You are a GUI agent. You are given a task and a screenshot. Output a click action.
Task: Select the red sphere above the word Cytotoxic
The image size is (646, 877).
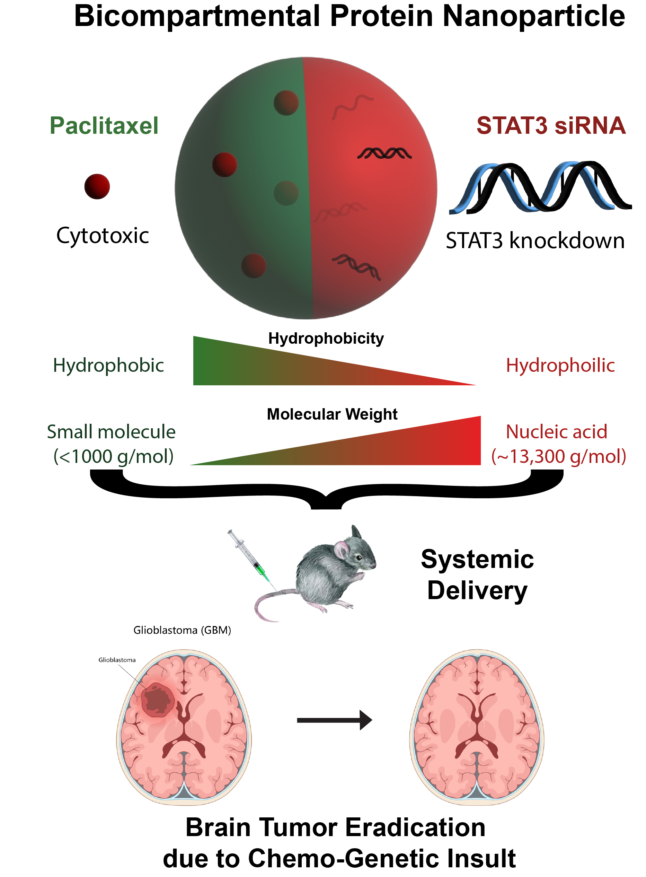tap(97, 186)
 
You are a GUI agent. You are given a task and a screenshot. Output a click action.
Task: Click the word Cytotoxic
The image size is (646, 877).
tap(103, 236)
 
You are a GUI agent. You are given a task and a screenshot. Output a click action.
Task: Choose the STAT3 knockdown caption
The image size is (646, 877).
tap(535, 240)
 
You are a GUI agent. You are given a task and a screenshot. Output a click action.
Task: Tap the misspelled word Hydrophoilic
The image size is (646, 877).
tap(560, 365)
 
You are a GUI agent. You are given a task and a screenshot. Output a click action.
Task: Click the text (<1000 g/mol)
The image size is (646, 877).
tap(113, 456)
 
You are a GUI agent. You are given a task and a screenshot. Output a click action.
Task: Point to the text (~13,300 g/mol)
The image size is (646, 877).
tap(558, 456)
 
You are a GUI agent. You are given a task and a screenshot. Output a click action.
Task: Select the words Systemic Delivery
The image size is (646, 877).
tap(477, 575)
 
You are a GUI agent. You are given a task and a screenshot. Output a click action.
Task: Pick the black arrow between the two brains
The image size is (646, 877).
tap(334, 720)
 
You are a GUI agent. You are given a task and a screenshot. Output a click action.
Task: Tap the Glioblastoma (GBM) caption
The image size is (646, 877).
tap(182, 630)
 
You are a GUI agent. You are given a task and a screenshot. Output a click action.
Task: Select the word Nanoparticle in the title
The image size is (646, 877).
tap(533, 16)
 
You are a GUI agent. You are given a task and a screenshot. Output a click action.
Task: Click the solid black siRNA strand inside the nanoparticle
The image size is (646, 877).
tap(384, 154)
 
